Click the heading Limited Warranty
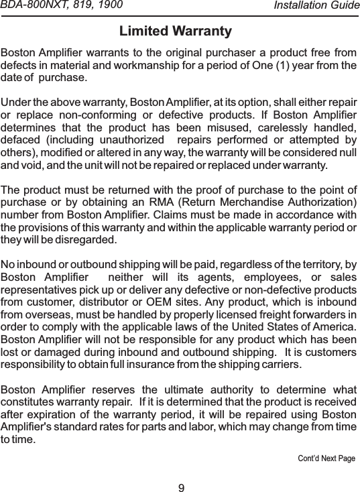tap(175, 32)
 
